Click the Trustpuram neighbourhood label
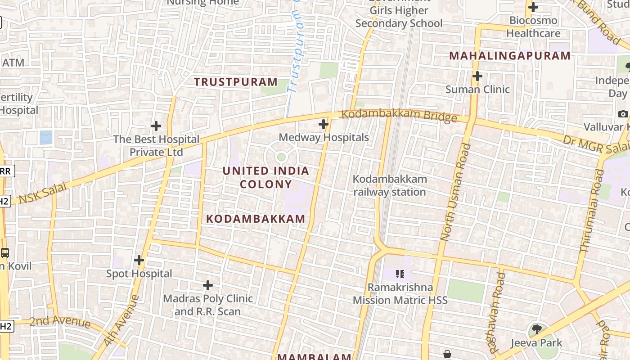236,82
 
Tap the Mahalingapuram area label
510,56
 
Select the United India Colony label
266,177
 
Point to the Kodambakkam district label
256,219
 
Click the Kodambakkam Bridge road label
399,115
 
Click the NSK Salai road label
43,193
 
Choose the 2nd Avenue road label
60,321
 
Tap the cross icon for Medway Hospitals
324,124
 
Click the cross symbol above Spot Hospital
139,260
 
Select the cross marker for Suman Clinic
477,76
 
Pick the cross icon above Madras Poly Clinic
208,285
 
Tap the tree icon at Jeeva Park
536,329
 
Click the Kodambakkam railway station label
390,185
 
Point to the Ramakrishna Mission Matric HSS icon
400,274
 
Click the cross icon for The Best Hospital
156,126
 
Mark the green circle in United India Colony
281,157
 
